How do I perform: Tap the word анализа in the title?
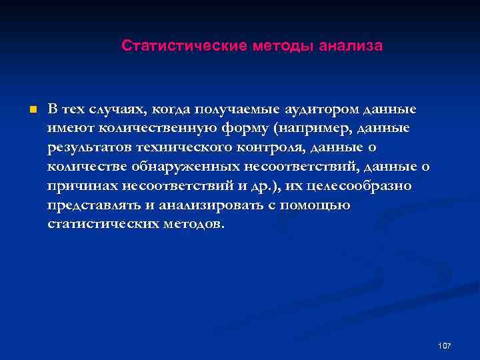351,46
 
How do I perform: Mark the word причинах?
81,185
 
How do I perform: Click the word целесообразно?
358,185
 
